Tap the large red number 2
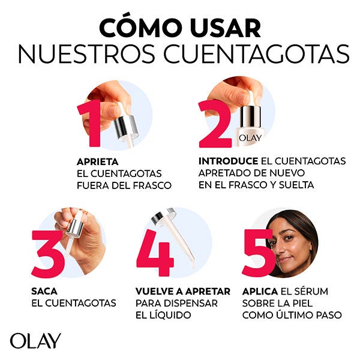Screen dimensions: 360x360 coord(215,124)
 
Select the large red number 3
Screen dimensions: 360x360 coord(48,253)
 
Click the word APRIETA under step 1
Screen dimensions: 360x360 coord(98,162)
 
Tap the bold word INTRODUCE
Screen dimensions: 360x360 coord(228,161)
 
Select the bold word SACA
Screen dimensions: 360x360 coord(44,292)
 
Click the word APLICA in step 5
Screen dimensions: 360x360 coord(260,292)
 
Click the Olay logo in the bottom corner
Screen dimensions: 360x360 coord(35,341)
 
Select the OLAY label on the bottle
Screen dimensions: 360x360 coord(250,138)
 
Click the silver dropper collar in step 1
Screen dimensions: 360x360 coord(126,127)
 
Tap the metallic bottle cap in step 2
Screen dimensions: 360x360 coord(250,118)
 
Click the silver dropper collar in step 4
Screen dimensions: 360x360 coord(163,216)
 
